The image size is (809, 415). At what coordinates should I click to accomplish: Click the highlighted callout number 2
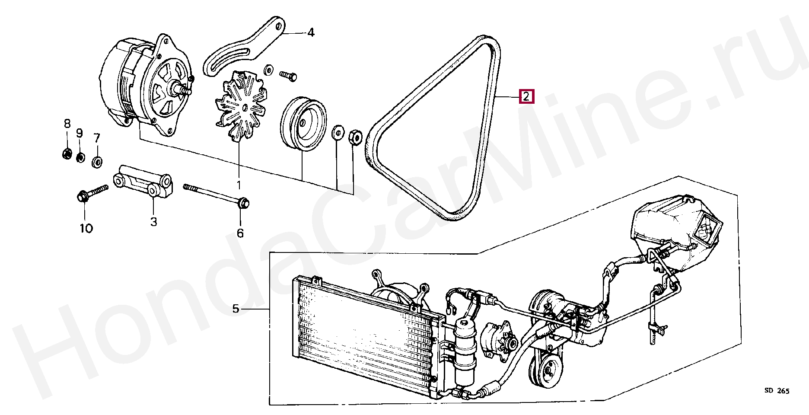(526, 96)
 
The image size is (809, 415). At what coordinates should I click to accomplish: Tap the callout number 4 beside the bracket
(311, 33)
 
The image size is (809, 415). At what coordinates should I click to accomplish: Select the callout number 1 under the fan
(239, 185)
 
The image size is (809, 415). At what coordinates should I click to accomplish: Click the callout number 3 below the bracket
(153, 222)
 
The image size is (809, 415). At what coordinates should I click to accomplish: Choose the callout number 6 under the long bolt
(240, 233)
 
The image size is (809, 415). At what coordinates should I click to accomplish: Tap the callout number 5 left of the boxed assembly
(236, 309)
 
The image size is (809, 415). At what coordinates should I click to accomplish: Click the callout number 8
(67, 124)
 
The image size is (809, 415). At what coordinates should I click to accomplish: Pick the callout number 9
(80, 133)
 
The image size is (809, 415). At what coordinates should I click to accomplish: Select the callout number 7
(97, 138)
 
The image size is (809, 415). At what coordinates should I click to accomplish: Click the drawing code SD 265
(777, 391)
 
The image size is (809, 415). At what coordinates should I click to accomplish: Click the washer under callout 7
(98, 163)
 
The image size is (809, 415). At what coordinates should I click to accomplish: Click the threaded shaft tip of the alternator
(187, 91)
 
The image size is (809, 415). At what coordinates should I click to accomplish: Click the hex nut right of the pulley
(354, 137)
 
